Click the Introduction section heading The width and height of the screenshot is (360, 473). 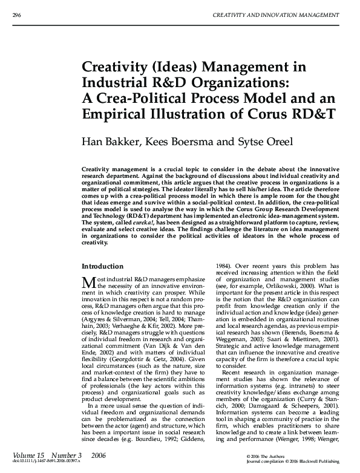pos(102,267)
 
